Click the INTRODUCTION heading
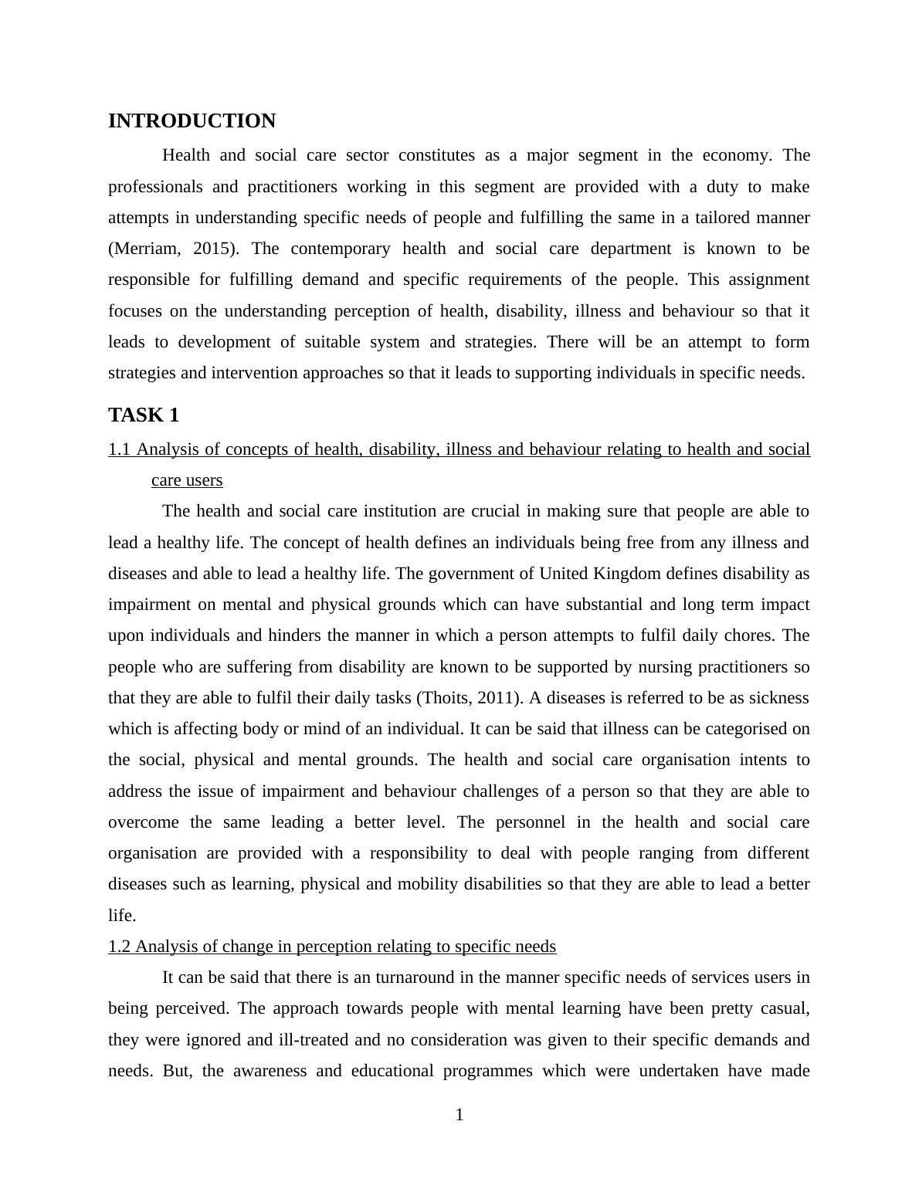tap(192, 121)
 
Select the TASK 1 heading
tap(144, 415)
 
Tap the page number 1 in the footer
tap(459, 1115)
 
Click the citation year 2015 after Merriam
tap(214, 249)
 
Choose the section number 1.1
tap(119, 449)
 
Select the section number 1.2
tap(119, 947)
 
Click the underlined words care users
tap(187, 480)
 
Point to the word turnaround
tap(413, 977)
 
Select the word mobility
tap(431, 884)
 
